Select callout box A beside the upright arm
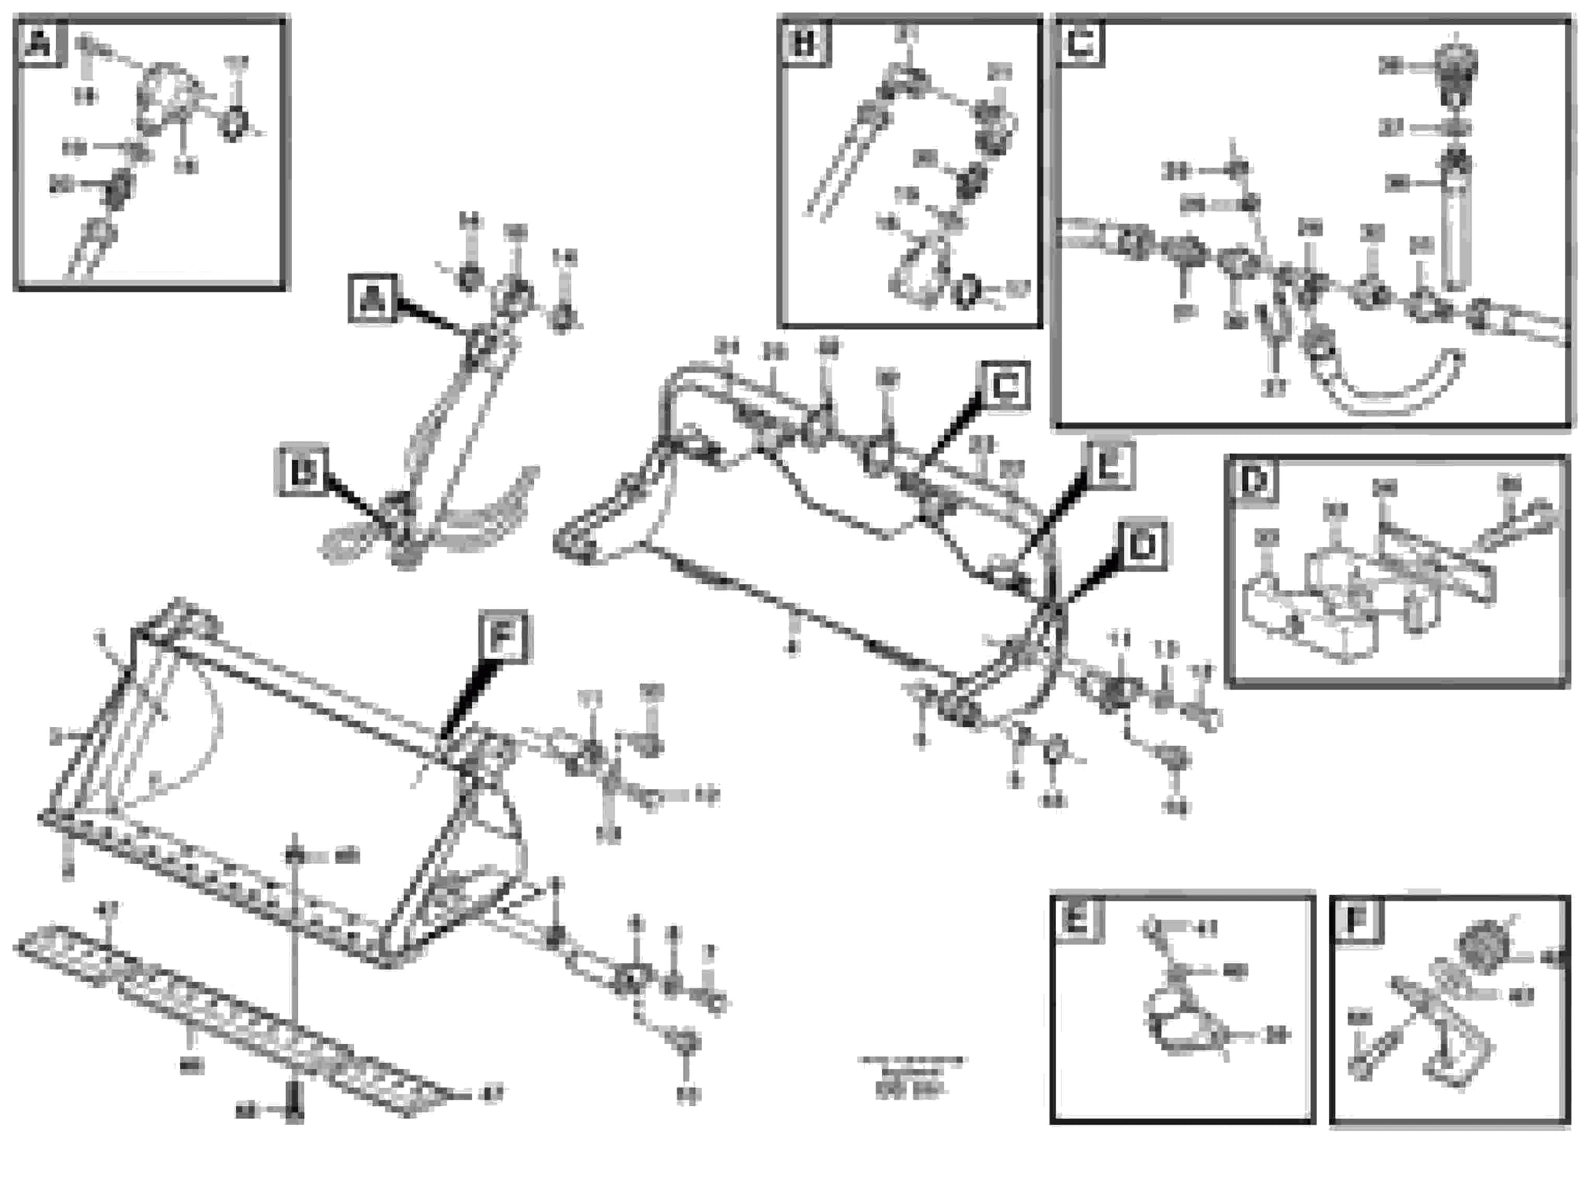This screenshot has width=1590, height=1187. coord(372,299)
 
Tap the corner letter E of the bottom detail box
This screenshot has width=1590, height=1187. coord(1076,920)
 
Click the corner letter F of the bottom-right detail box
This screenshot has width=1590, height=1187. coord(1357,920)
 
